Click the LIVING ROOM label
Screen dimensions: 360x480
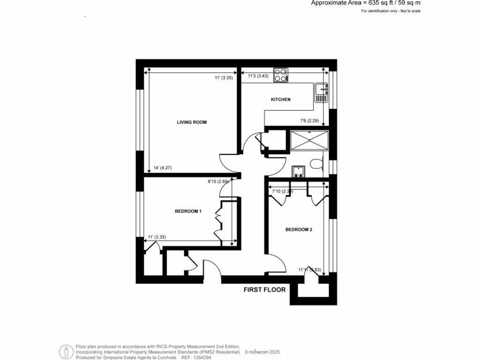[191, 122]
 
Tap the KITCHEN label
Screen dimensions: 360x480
[281, 99]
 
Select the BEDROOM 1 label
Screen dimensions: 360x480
[188, 211]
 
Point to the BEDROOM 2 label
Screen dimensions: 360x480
[299, 230]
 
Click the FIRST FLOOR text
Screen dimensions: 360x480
[264, 290]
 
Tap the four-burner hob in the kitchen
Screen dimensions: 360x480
[280, 75]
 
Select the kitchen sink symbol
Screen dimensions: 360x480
[321, 92]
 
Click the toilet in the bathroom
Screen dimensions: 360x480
[317, 164]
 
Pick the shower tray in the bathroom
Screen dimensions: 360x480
[309, 140]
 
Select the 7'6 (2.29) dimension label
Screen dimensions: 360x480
[309, 121]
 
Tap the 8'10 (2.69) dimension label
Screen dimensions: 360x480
[218, 181]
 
